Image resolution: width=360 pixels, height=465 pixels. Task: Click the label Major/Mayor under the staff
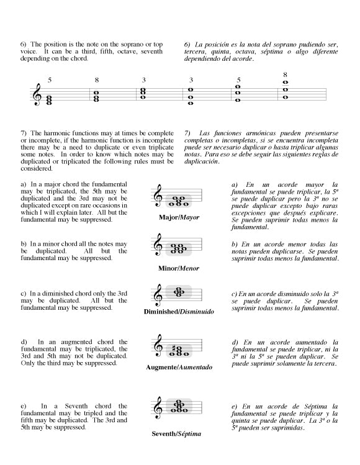click(179, 217)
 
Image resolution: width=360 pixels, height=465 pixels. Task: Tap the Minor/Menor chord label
click(179, 268)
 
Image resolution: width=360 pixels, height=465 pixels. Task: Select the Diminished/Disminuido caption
click(179, 312)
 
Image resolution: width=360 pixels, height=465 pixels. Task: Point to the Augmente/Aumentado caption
click(179, 367)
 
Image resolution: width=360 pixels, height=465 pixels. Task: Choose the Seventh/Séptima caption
click(176, 434)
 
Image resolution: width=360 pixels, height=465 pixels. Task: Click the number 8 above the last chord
click(285, 74)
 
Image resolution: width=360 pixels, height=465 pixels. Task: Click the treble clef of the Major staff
click(159, 196)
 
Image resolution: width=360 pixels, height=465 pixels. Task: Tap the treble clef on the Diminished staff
click(159, 295)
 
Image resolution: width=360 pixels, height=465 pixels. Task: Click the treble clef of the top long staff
click(37, 94)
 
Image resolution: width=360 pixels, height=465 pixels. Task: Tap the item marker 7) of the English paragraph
click(24, 133)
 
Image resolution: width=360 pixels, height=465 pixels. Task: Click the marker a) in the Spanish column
click(235, 185)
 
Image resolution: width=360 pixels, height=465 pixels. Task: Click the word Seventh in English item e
click(76, 406)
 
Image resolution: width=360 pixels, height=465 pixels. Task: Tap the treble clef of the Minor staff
click(159, 245)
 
